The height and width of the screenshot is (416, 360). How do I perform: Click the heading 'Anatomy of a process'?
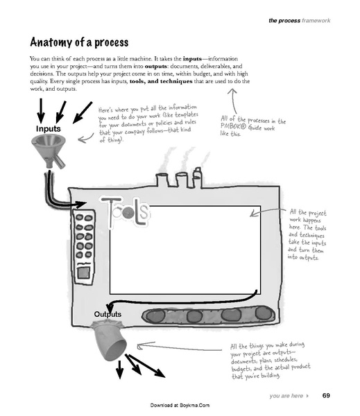click(x=87, y=39)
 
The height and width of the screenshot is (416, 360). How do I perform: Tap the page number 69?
click(x=326, y=396)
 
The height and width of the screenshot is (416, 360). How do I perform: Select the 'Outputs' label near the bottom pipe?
click(x=108, y=314)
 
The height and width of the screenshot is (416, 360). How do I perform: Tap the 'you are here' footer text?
click(x=284, y=396)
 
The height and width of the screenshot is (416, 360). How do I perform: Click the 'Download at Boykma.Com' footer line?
click(x=180, y=405)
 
